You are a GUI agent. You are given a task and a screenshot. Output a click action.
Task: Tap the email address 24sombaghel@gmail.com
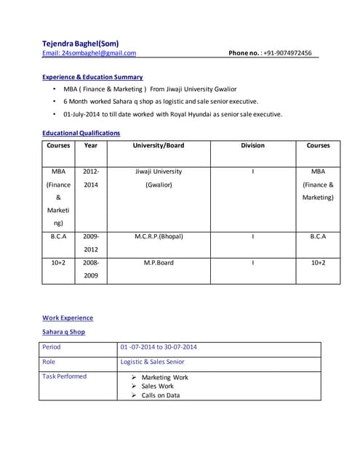click(x=89, y=53)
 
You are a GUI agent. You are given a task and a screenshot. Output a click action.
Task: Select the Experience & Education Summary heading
click(x=92, y=77)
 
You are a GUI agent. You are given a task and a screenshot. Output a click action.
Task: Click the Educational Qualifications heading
click(x=81, y=133)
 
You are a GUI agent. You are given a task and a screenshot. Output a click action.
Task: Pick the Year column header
click(x=91, y=145)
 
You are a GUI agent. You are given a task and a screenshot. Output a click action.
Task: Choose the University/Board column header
click(x=159, y=145)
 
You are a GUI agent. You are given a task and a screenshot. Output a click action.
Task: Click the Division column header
click(x=252, y=145)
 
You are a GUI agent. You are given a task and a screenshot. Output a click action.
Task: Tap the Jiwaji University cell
click(x=159, y=178)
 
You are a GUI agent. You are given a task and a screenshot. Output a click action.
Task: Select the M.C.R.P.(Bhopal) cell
click(x=159, y=236)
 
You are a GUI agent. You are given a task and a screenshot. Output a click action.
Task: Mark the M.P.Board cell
click(x=159, y=262)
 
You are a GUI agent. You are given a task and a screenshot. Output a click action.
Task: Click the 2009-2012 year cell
click(x=91, y=243)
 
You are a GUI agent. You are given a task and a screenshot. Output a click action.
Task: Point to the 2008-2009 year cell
click(x=91, y=269)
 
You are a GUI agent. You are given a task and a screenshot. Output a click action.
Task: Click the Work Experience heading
click(x=68, y=318)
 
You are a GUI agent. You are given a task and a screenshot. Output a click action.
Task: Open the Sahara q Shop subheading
click(x=63, y=332)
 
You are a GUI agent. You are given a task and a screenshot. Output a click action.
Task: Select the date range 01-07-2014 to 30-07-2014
click(x=159, y=347)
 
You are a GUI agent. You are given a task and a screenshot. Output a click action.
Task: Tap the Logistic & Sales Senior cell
click(x=152, y=362)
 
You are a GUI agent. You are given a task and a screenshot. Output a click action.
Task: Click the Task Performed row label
click(x=64, y=376)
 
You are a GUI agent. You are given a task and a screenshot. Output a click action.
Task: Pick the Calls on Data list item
click(x=160, y=396)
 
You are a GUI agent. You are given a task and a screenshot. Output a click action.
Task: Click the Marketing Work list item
click(x=164, y=378)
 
